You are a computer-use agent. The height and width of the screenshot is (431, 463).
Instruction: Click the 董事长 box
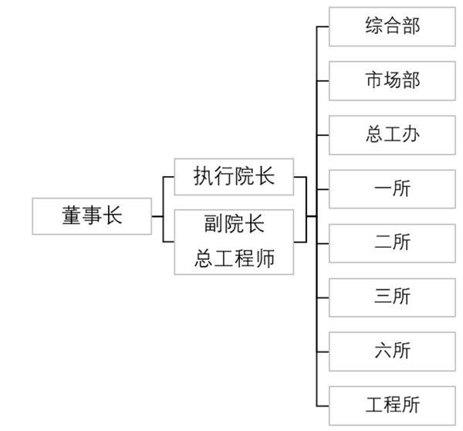pos(92,216)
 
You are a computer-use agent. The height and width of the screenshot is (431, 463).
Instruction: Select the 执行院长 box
pos(234,176)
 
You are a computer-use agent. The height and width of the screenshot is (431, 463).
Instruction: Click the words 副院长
pos(234,225)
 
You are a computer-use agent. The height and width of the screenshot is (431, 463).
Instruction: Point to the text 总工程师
pos(234,259)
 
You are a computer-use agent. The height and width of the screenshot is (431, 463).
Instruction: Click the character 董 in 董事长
pos(72,216)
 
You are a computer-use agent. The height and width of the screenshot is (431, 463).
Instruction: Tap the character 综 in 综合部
pos(374,25)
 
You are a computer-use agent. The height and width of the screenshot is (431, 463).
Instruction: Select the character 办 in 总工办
pos(411,134)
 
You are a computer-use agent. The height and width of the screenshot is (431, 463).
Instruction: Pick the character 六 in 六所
pos(383,350)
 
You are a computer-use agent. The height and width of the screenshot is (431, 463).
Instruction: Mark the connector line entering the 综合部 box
pos(323,25)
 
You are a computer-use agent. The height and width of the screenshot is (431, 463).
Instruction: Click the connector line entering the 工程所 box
pos(323,404)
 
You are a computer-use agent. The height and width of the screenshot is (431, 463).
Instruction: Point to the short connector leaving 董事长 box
pos(157,216)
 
